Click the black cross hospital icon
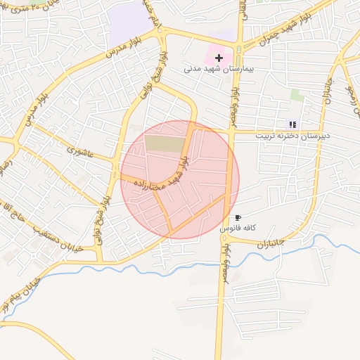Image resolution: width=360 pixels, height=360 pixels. point(219,57)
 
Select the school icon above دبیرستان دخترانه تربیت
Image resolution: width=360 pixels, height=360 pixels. point(293,124)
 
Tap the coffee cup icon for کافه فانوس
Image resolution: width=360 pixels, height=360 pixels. point(238,218)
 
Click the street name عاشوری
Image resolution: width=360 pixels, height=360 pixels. point(80,149)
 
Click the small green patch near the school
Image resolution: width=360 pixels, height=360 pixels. point(297,95)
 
